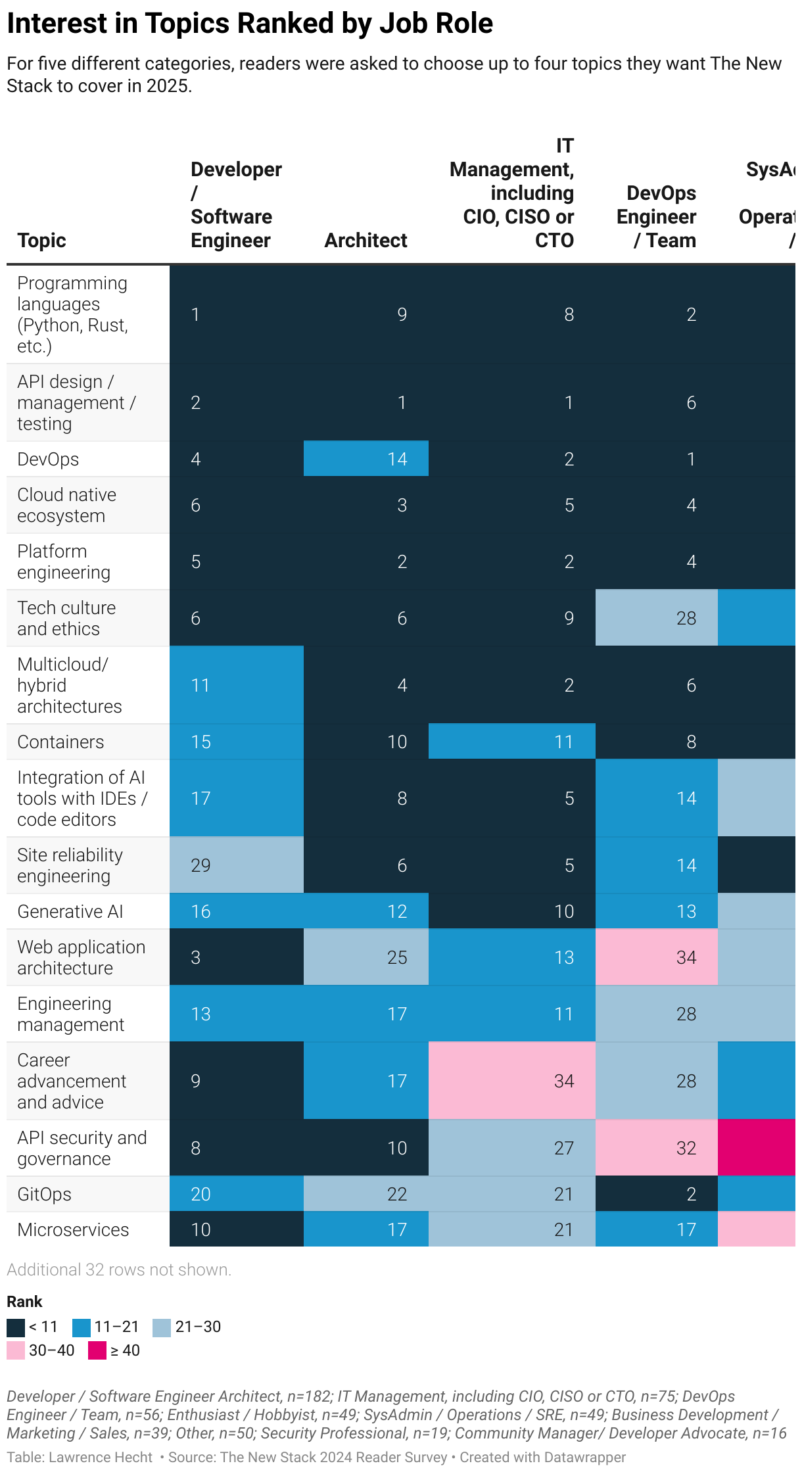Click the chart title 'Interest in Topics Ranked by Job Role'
point(250,24)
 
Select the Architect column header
point(366,241)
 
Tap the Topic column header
point(41,241)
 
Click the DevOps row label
point(48,460)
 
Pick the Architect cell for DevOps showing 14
point(366,459)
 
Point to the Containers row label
point(60,742)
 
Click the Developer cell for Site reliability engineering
point(237,865)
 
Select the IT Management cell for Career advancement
point(511,1081)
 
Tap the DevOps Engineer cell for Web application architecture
point(656,957)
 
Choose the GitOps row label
point(44,1195)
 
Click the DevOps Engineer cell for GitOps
point(656,1194)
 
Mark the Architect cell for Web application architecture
point(366,957)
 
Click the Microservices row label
point(73,1230)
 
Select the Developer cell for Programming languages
point(237,314)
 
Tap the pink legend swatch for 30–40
point(16,1350)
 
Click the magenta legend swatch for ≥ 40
point(97,1350)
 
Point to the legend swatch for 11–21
point(82,1327)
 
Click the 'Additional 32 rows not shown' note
point(119,1270)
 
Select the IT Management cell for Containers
point(511,742)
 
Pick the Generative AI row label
point(70,912)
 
